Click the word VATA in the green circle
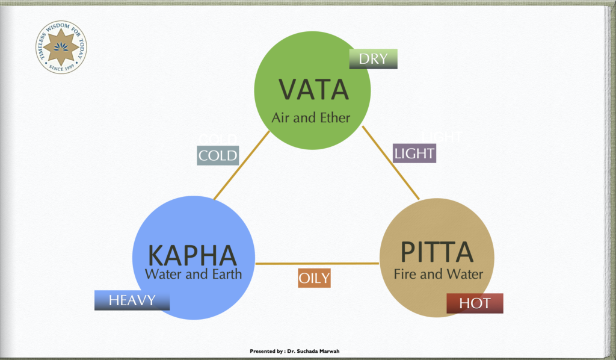[x=313, y=90]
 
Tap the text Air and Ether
[x=310, y=117]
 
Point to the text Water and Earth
[x=193, y=275]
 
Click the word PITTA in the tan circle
[x=437, y=252]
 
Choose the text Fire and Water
[x=438, y=275]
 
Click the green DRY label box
[x=373, y=59]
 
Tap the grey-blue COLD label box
[x=218, y=156]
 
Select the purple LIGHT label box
[x=414, y=154]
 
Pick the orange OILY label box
[x=314, y=278]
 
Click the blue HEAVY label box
[x=132, y=300]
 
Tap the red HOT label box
[x=475, y=303]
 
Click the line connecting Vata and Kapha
[x=241, y=166]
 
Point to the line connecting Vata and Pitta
[x=391, y=163]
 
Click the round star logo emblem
[x=61, y=47]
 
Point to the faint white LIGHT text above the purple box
[x=442, y=137]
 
